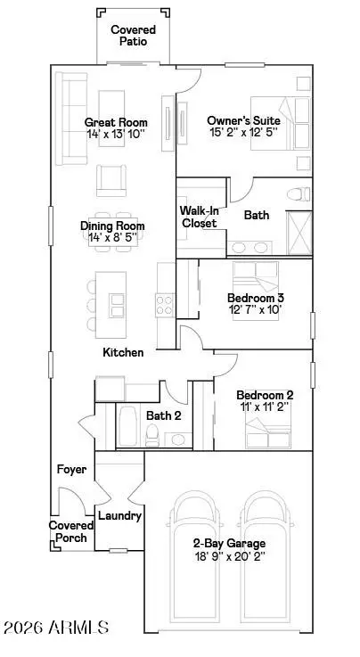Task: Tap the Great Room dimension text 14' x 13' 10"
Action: [116, 134]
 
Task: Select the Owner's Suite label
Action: [243, 120]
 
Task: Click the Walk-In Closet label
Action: [199, 217]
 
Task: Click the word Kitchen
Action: [123, 353]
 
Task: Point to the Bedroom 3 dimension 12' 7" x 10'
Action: [254, 310]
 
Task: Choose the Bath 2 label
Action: [164, 415]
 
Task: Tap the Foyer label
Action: [70, 469]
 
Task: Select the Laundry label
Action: [119, 515]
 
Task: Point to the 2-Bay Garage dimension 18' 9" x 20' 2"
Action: [229, 556]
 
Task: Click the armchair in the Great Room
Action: [111, 180]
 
